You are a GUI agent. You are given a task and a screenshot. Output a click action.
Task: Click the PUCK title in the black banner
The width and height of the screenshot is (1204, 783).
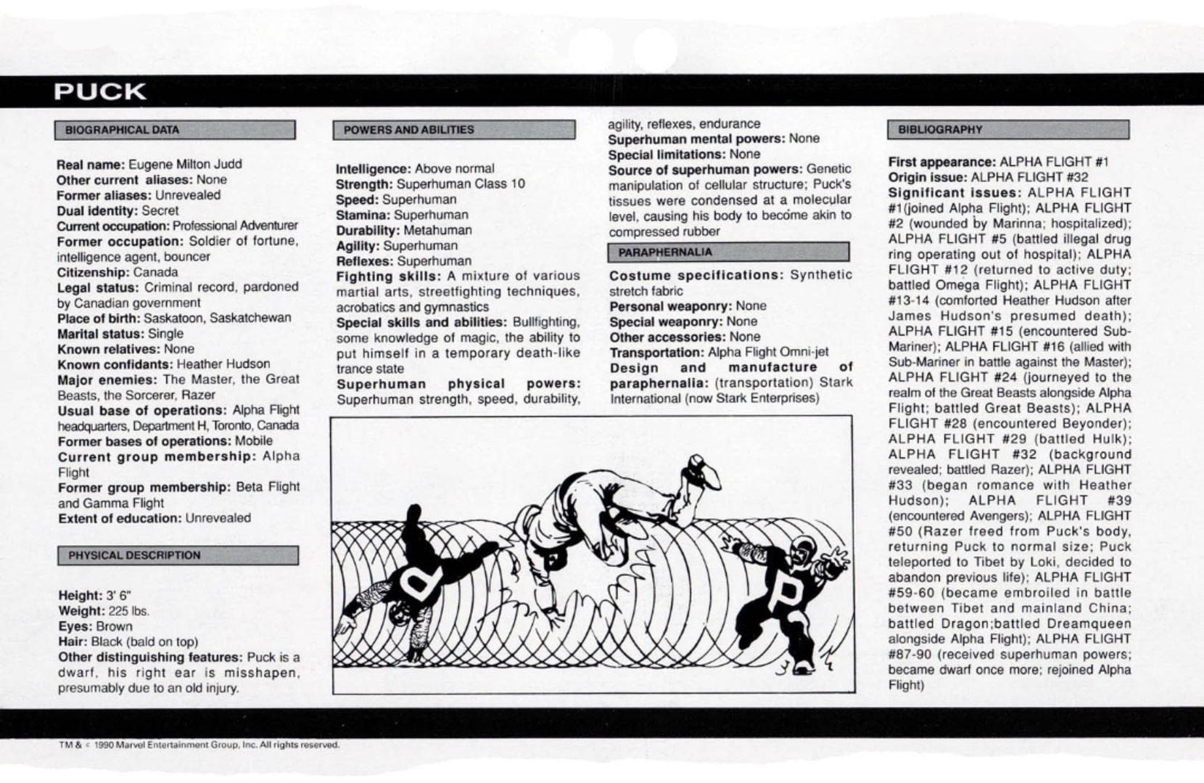coord(99,92)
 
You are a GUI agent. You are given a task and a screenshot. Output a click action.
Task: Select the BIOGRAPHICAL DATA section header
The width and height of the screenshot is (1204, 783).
coord(175,130)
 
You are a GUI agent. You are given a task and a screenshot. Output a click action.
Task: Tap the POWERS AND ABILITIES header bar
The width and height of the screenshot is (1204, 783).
coord(453,130)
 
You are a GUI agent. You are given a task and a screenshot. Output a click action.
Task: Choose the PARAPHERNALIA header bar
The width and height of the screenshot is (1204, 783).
coord(728,252)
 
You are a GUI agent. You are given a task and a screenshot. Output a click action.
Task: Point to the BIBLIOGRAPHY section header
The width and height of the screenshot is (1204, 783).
coord(1007,130)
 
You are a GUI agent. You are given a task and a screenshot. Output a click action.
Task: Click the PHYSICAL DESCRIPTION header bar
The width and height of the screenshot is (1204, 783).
coord(178,556)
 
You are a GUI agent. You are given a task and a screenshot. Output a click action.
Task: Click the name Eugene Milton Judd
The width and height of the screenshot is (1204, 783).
coord(185,165)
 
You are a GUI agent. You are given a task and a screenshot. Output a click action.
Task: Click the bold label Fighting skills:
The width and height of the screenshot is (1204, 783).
coord(388,276)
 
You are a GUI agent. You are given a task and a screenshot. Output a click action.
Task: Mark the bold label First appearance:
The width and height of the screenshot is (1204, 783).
coord(941,162)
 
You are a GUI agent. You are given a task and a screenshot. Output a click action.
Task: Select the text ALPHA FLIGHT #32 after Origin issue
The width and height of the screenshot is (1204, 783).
coord(1029,177)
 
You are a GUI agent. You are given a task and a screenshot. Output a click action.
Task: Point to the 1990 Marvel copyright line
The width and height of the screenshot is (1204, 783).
coord(199,745)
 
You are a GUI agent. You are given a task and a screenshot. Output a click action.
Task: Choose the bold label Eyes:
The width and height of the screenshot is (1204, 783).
coord(75,626)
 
